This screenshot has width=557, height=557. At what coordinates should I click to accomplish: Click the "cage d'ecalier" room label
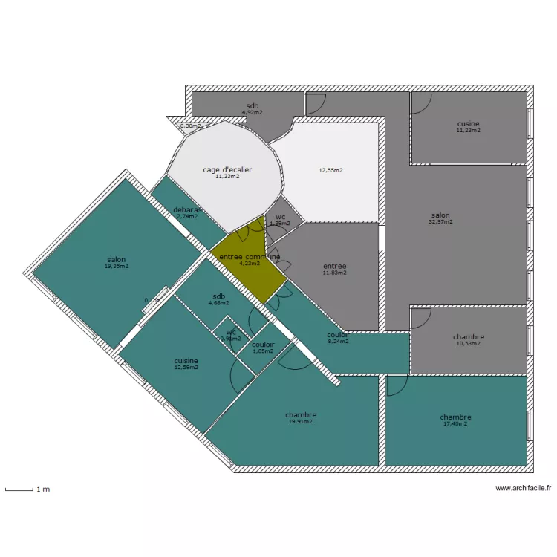pyautogui.click(x=227, y=170)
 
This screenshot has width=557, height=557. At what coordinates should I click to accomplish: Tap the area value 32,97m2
pyautogui.click(x=440, y=221)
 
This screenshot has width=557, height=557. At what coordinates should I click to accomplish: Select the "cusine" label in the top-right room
pyautogui.click(x=468, y=123)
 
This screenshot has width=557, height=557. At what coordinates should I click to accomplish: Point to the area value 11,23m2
pyautogui.click(x=468, y=130)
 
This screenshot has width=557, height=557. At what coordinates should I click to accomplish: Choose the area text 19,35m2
pyautogui.click(x=116, y=266)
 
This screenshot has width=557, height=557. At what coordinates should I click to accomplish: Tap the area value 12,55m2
pyautogui.click(x=330, y=170)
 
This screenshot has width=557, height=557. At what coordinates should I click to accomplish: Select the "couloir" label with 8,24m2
pyautogui.click(x=339, y=335)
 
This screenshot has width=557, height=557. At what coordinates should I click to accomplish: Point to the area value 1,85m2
pyautogui.click(x=263, y=351)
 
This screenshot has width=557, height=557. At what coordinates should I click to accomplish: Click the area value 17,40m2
pyautogui.click(x=455, y=423)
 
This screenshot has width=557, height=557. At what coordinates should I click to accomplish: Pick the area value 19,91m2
pyautogui.click(x=300, y=421)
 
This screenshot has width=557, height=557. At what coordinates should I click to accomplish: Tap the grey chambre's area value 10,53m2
pyautogui.click(x=468, y=343)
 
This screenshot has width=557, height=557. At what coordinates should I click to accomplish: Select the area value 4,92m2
pyautogui.click(x=253, y=112)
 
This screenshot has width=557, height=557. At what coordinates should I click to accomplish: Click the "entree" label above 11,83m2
pyautogui.click(x=334, y=266)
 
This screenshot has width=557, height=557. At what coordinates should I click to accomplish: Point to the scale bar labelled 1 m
pyautogui.click(x=20, y=489)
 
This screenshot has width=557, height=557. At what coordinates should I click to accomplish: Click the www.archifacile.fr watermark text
pyautogui.click(x=524, y=488)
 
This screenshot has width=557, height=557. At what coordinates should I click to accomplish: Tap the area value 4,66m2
pyautogui.click(x=219, y=303)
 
